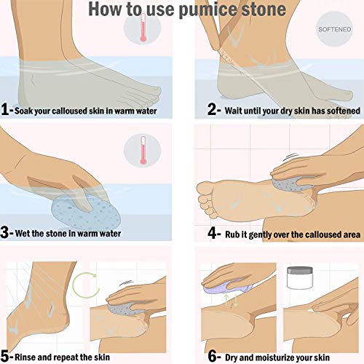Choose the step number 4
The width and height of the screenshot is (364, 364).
(x=212, y=234)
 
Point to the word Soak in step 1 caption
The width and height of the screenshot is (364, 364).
(x=31, y=111)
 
